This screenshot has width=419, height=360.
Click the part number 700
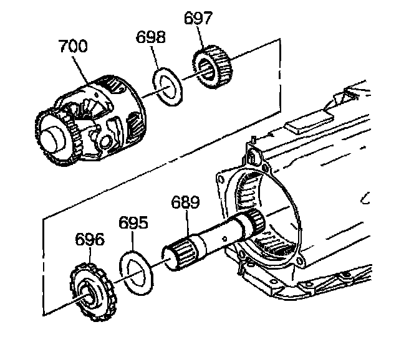coord(73,47)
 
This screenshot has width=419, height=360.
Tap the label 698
coord(152,37)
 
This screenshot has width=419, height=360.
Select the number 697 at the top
coord(199,19)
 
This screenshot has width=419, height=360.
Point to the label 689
coord(185,202)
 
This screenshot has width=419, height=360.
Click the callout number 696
coord(90,240)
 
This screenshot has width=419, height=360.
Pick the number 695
coord(133,224)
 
